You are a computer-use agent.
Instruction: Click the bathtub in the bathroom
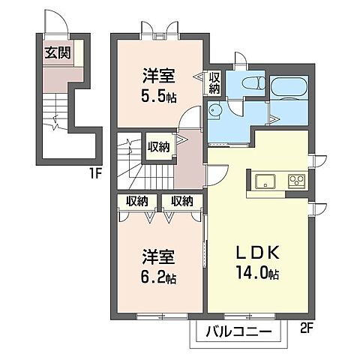tap(289, 87)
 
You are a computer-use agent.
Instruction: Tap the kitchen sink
tap(265, 181)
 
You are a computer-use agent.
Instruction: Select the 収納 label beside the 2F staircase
tap(157, 146)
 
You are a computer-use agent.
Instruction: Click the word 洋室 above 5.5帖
tap(159, 76)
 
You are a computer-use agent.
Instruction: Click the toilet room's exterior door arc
tap(240, 60)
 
